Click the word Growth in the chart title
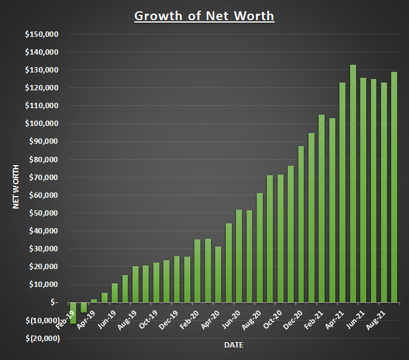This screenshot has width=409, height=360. tap(156, 15)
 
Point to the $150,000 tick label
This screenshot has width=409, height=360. tap(42, 34)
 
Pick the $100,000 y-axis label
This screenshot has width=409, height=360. tap(42, 124)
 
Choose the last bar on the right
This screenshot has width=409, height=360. tap(394, 187)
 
